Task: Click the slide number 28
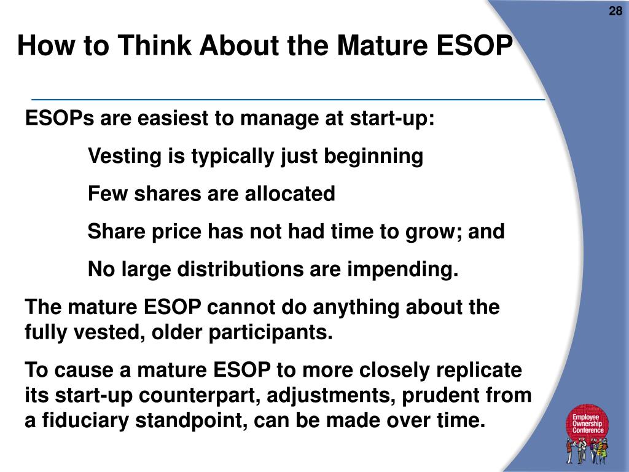click(615, 11)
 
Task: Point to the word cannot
click(241, 307)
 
